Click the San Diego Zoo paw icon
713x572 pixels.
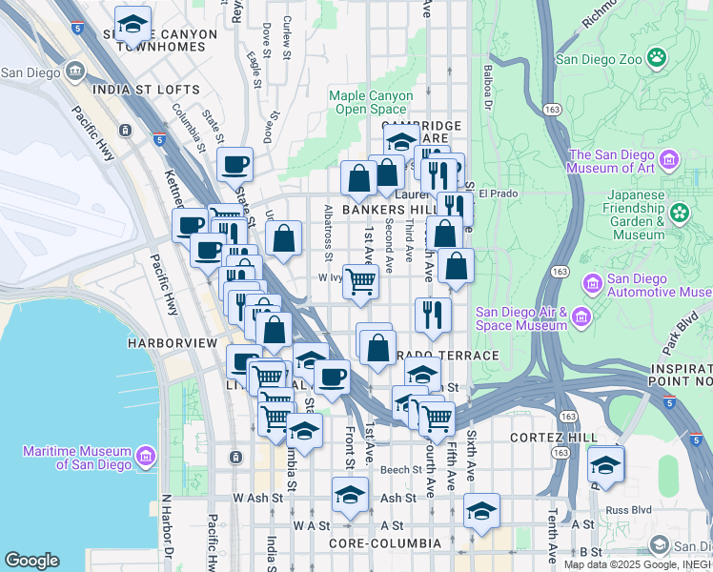point(656,58)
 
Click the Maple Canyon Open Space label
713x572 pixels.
point(371,102)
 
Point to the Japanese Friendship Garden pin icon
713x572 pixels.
point(680,214)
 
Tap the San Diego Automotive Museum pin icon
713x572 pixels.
point(592,283)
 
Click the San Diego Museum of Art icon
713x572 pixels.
point(668,159)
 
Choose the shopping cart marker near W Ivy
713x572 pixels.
point(360,282)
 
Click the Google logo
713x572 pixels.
point(31,561)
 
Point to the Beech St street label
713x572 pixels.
point(400,470)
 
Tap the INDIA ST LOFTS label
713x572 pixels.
point(147,91)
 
